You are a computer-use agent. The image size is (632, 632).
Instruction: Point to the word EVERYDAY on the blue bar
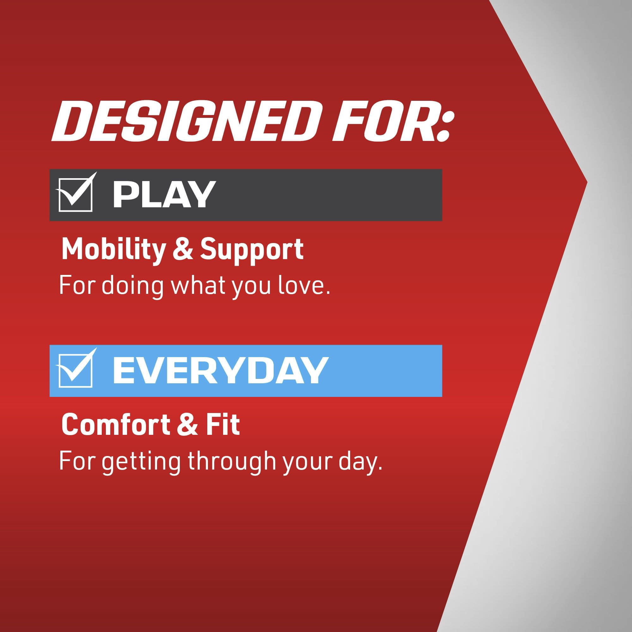coord(220,371)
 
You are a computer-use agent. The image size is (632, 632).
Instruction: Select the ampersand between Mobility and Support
coord(183,250)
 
